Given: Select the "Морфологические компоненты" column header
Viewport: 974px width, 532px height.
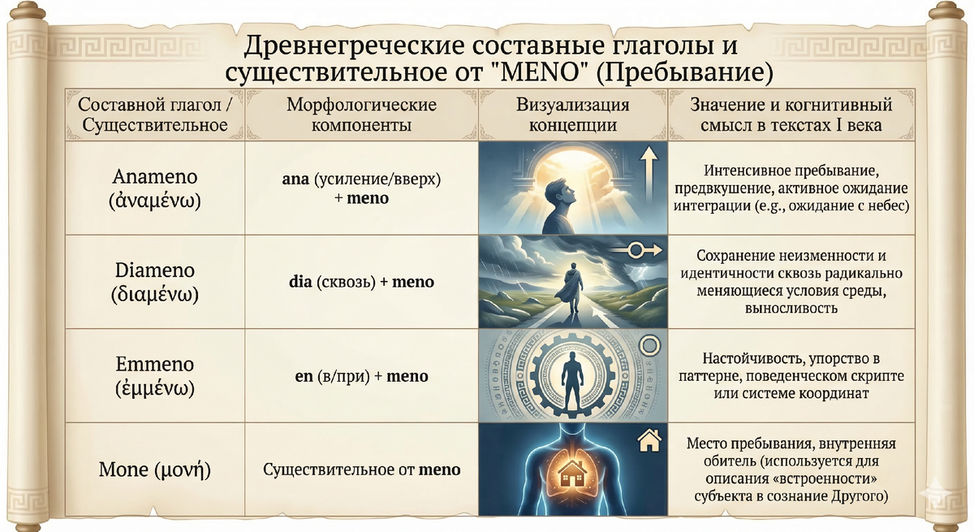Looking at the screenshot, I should [361, 115].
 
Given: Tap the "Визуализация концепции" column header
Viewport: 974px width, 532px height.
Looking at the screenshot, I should [572, 115].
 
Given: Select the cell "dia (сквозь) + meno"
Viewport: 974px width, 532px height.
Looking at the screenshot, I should [361, 283].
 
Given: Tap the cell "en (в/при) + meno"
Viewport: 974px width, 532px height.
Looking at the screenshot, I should [361, 376].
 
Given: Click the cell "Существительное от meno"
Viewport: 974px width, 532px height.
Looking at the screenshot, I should [361, 469].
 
